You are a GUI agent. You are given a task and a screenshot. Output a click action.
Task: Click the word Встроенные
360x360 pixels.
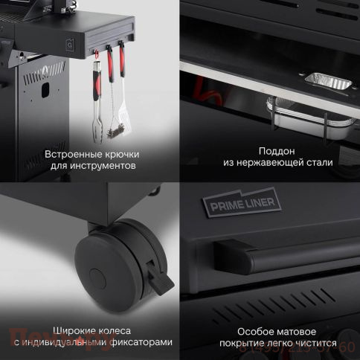(x=71, y=154)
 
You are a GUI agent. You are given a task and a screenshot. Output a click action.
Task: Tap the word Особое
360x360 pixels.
(x=256, y=330)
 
